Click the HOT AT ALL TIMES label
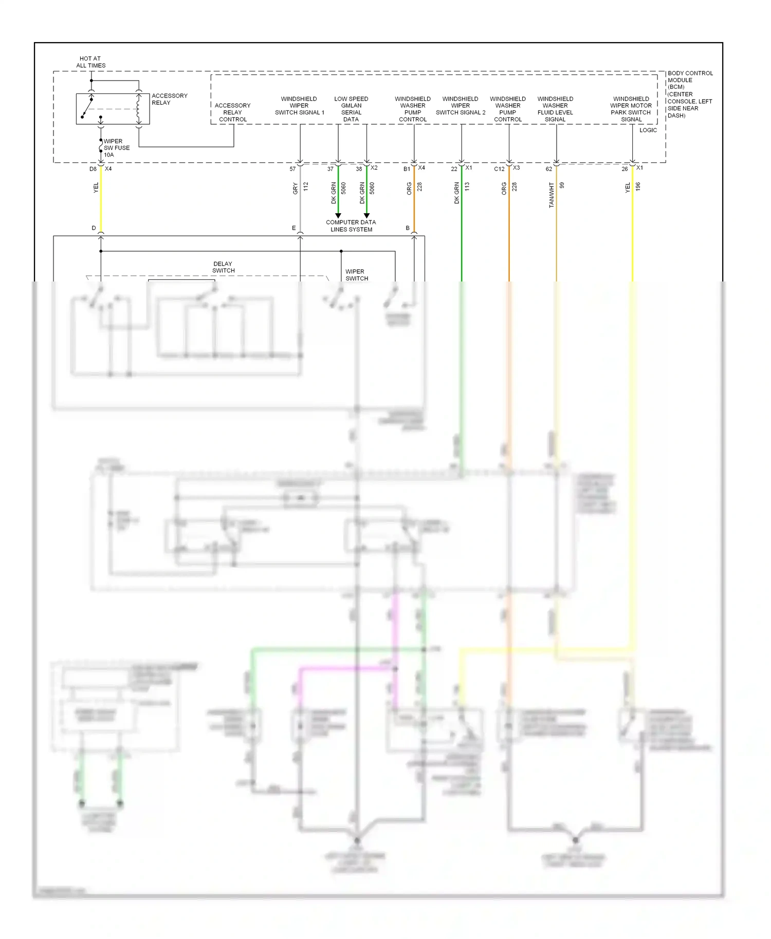click(90, 62)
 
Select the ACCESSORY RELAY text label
click(169, 99)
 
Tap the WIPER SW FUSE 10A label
click(116, 148)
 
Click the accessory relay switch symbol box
click(113, 109)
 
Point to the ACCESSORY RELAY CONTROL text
click(232, 112)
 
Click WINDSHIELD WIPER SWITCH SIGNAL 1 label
click(299, 106)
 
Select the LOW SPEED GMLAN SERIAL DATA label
click(351, 109)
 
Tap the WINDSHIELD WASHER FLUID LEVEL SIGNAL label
click(555, 109)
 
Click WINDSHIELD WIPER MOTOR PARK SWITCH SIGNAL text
click(631, 109)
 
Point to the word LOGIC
click(648, 130)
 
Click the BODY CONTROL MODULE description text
click(690, 95)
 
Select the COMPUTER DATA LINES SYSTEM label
click(351, 226)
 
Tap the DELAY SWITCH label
click(223, 267)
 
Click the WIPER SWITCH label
click(356, 275)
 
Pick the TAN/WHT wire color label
click(552, 195)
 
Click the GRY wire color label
click(296, 189)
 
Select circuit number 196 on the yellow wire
click(638, 186)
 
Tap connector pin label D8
click(93, 169)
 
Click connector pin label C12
click(499, 169)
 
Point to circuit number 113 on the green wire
click(467, 187)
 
